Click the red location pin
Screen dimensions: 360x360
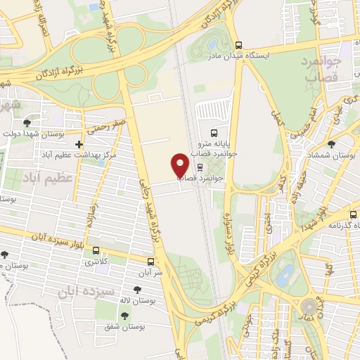pos(181,165)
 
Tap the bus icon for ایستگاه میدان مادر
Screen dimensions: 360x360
pos(238,44)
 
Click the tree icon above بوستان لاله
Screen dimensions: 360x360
pos(136,289)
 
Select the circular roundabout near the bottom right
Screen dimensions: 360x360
pos(309,307)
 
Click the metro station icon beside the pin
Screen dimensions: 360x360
pos(201,168)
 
